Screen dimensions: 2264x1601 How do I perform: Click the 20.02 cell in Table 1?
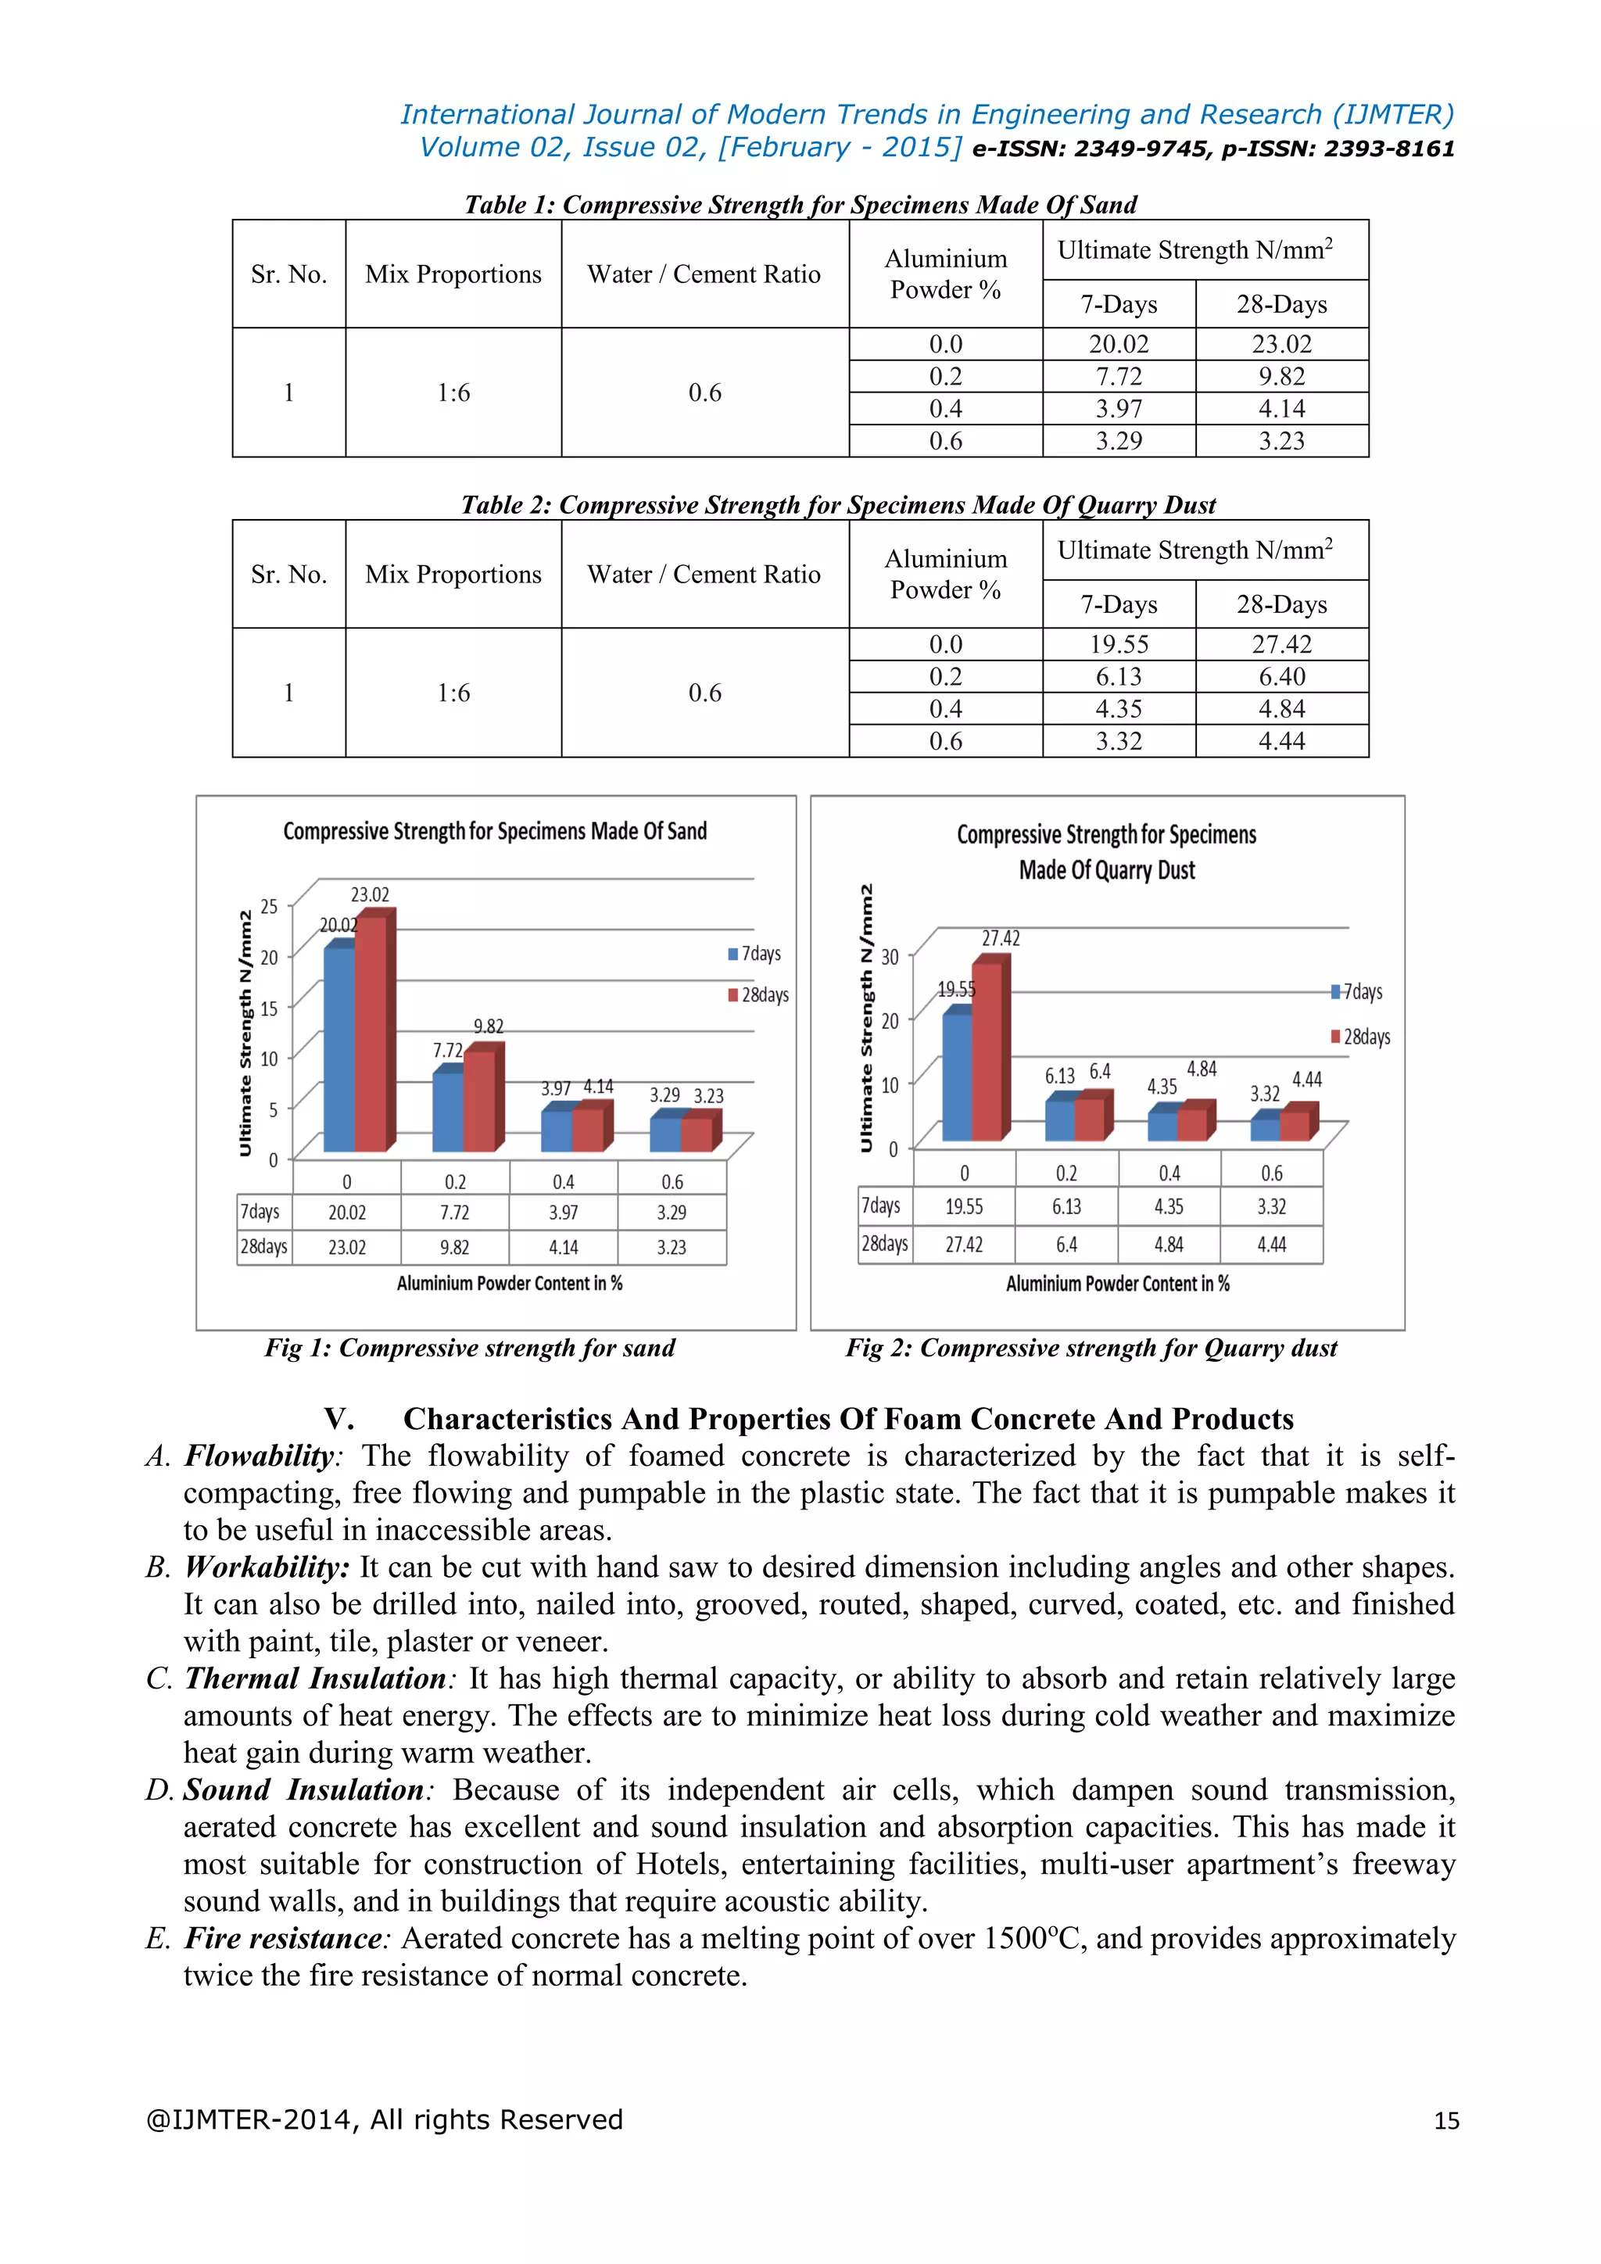[x=1118, y=344]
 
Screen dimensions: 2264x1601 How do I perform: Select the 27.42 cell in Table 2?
[x=1280, y=644]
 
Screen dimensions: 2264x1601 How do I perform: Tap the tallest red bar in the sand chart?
[x=371, y=1035]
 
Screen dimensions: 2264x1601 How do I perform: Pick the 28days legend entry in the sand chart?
[x=759, y=995]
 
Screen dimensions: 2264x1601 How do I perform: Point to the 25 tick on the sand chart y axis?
[x=269, y=905]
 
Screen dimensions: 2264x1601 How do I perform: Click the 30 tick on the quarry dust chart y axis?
[x=890, y=956]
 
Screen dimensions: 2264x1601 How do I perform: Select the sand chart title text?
[x=495, y=831]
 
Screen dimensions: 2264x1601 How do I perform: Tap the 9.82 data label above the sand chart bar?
[x=488, y=1026]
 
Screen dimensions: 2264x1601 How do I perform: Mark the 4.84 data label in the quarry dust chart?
[x=1201, y=1069]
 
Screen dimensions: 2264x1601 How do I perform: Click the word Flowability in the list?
[x=260, y=1456]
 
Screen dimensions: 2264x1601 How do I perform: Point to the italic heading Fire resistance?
[x=284, y=1938]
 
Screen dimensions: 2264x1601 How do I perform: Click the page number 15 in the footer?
[x=1446, y=2120]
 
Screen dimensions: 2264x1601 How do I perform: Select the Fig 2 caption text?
[x=1091, y=1348]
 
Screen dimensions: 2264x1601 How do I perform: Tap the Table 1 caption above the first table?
[x=800, y=204]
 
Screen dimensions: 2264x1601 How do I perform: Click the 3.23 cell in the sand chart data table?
[x=672, y=1248]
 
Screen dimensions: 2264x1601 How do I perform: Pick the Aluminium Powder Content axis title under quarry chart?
[x=1117, y=1283]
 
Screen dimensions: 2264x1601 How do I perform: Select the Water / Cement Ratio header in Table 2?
[x=704, y=574]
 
